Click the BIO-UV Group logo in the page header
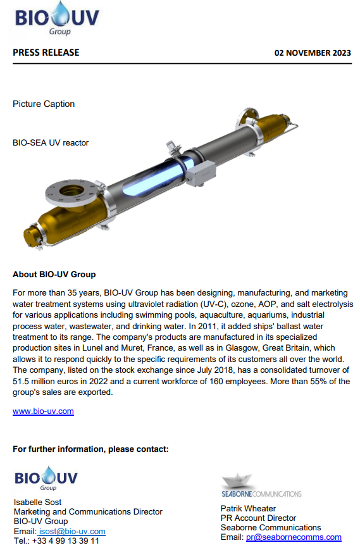tap(57, 18)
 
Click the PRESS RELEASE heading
tap(46, 53)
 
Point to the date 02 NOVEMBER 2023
tap(313, 53)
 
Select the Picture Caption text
tap(44, 104)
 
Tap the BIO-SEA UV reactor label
tap(51, 142)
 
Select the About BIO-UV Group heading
tap(54, 275)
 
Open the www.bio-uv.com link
tap(43, 411)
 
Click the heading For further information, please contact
tap(90, 449)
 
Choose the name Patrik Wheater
tap(248, 508)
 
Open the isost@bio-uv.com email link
tap(72, 532)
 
